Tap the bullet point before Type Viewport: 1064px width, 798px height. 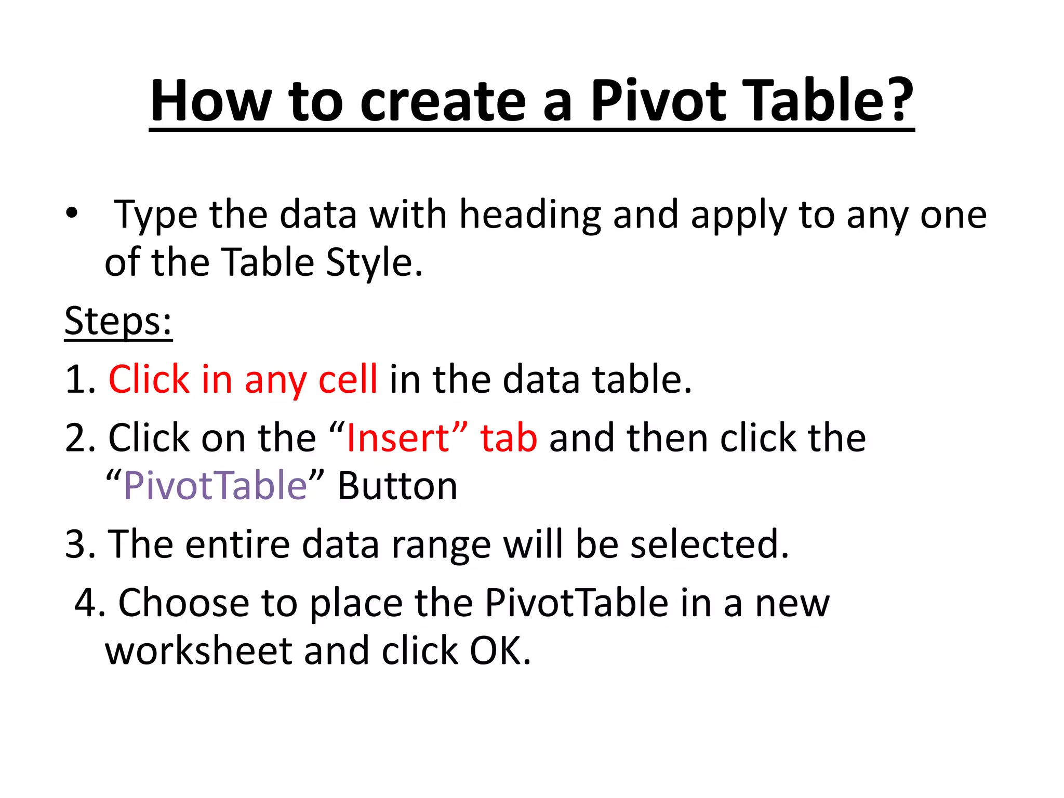[x=72, y=213]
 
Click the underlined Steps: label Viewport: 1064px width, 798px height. [x=118, y=321]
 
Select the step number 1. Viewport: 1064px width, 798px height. [x=78, y=379]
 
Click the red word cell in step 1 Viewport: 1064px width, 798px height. [x=348, y=379]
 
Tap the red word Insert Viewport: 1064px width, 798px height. [x=397, y=438]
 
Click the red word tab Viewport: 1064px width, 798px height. [x=509, y=438]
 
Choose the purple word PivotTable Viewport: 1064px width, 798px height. [x=215, y=486]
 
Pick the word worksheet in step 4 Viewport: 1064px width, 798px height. [x=198, y=651]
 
